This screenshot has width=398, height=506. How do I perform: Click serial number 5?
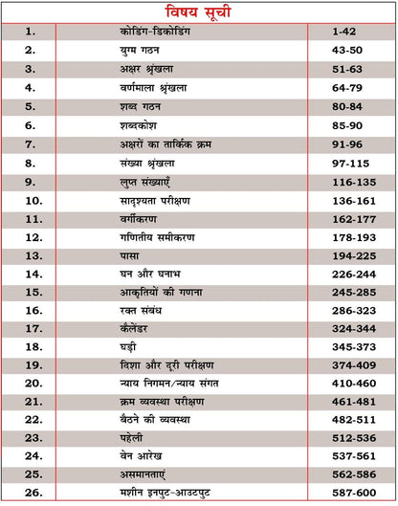(x=30, y=106)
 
